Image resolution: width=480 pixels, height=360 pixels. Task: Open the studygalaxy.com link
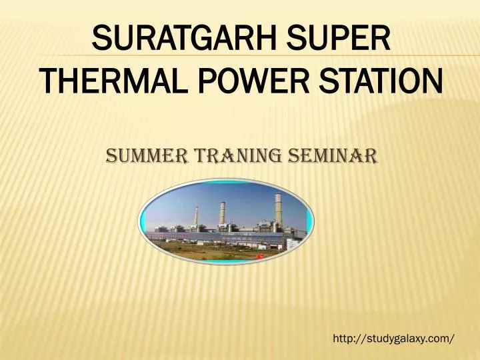[x=394, y=339]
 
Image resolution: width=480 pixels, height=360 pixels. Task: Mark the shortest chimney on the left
[x=196, y=219]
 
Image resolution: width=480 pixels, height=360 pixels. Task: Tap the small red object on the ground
[x=259, y=255]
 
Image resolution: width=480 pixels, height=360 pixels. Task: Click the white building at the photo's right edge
[x=294, y=245]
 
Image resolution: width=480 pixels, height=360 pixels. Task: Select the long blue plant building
[x=200, y=237]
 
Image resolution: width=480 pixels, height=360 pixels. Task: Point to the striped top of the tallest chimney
[x=278, y=197]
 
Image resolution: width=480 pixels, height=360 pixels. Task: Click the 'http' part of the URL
[x=342, y=339]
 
